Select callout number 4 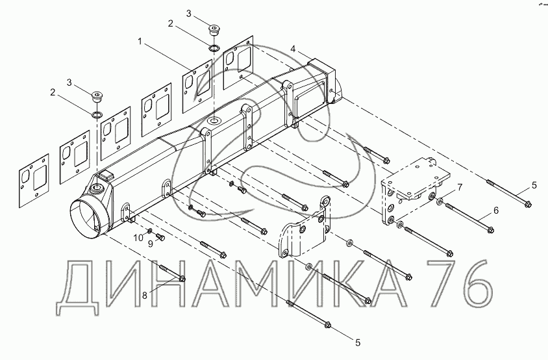point(293,49)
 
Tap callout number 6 point(495,211)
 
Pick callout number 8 point(145,294)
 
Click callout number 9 point(150,244)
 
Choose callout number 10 point(137,237)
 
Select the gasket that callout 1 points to point(197,82)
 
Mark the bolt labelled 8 point(170,274)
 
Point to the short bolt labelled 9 point(162,237)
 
